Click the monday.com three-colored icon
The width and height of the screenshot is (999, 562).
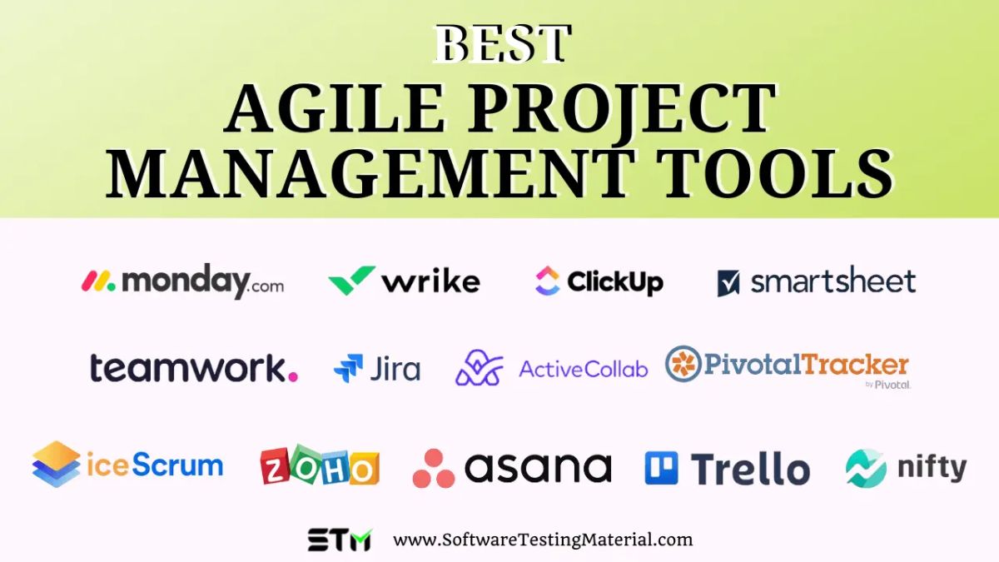point(98,281)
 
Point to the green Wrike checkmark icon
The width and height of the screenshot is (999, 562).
point(351,281)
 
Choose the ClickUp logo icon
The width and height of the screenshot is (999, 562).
point(547,281)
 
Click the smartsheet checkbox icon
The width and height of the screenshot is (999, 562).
point(728,283)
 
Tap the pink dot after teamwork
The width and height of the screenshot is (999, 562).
point(292,376)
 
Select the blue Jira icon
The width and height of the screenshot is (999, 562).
point(348,369)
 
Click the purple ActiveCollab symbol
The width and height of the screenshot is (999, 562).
point(480,368)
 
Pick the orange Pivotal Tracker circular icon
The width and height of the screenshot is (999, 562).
point(683,364)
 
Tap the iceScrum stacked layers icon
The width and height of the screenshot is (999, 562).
point(56,464)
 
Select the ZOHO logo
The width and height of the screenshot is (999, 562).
point(320,466)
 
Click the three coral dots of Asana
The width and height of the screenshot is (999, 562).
point(434,468)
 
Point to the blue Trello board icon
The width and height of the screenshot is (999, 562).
point(661,468)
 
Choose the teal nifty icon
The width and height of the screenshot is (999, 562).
point(866,468)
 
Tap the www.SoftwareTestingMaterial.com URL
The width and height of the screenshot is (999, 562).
point(543,540)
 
